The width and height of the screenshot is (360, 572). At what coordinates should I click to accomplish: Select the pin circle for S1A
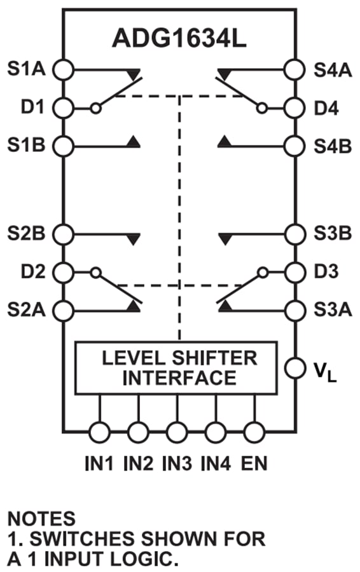point(62,68)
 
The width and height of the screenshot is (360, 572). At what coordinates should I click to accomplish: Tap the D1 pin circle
point(62,107)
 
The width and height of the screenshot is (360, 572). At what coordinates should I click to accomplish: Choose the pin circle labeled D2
point(62,273)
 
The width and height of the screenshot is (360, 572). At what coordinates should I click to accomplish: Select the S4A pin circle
point(295,68)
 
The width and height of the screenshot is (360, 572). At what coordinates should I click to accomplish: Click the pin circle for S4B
point(295,145)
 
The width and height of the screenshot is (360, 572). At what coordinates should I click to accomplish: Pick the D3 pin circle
point(295,273)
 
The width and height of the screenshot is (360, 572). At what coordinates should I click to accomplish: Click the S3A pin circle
point(295,310)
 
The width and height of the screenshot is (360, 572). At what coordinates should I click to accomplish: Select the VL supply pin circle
point(295,367)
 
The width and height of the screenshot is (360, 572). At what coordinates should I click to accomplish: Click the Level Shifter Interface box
point(176,368)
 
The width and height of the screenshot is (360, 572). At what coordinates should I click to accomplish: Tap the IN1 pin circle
point(100,432)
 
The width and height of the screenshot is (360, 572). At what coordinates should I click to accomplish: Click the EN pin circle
point(254,432)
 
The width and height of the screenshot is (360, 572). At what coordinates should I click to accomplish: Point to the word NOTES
point(41,519)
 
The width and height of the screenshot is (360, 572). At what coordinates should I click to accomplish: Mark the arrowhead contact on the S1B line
point(134,141)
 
